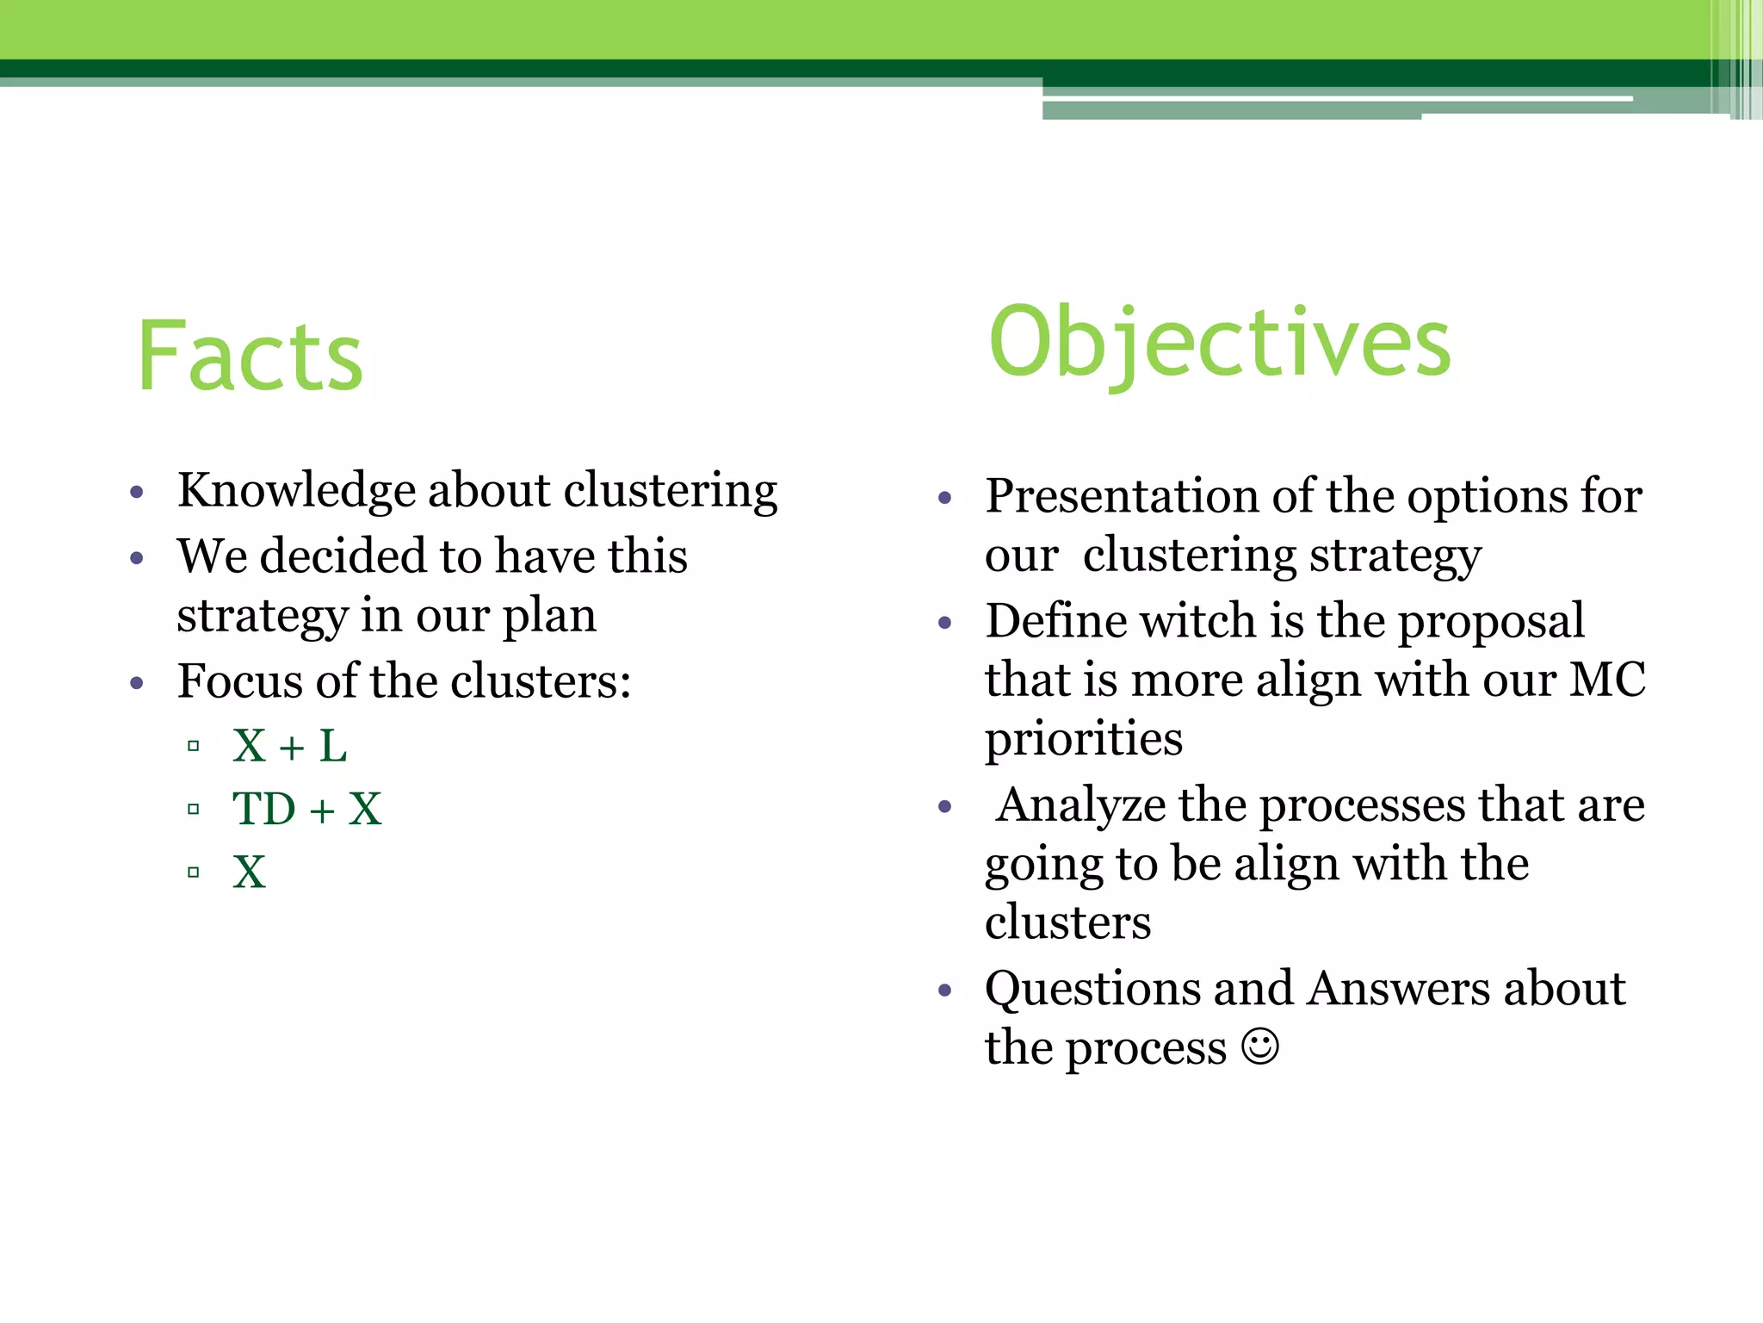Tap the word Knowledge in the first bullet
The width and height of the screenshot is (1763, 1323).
coord(296,492)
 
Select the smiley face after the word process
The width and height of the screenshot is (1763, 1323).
coord(1260,1047)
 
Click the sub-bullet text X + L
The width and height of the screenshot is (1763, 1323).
coord(289,746)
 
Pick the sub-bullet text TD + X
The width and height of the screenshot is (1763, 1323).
coord(306,810)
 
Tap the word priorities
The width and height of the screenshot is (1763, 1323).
coord(1084,740)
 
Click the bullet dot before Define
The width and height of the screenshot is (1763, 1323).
coord(944,623)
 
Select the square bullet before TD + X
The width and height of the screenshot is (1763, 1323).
coord(193,810)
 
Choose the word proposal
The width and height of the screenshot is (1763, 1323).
coord(1491,621)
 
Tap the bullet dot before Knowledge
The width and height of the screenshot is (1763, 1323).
coord(136,493)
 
